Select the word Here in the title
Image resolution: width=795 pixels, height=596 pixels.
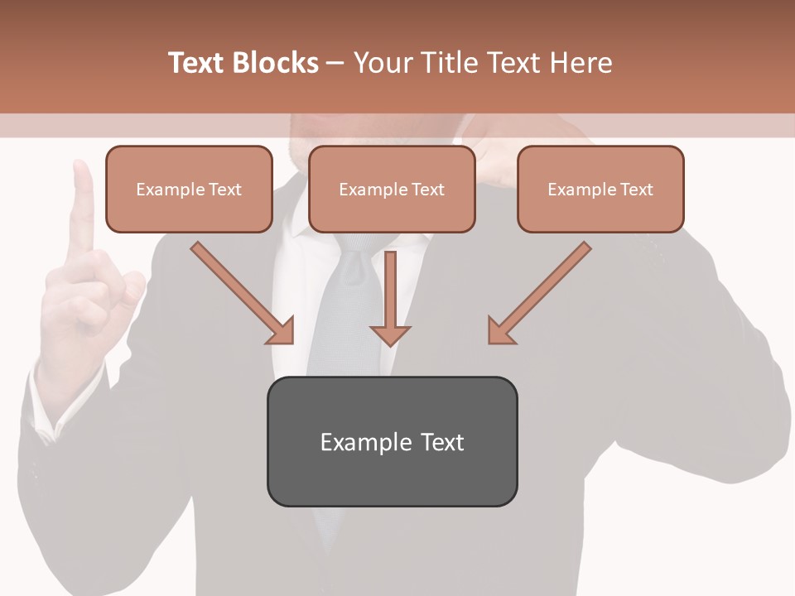(580, 63)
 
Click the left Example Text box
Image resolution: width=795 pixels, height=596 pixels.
(189, 189)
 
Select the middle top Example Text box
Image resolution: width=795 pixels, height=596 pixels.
(392, 189)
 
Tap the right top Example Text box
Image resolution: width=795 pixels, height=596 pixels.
(600, 189)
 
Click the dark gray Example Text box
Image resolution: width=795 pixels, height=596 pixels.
(392, 441)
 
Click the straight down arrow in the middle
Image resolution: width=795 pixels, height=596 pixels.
(390, 298)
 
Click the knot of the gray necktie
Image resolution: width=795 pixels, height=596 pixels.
(358, 243)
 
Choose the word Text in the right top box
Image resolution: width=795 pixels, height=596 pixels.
(636, 190)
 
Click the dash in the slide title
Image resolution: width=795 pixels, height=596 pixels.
(335, 63)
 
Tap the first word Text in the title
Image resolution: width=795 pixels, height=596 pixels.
(196, 63)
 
